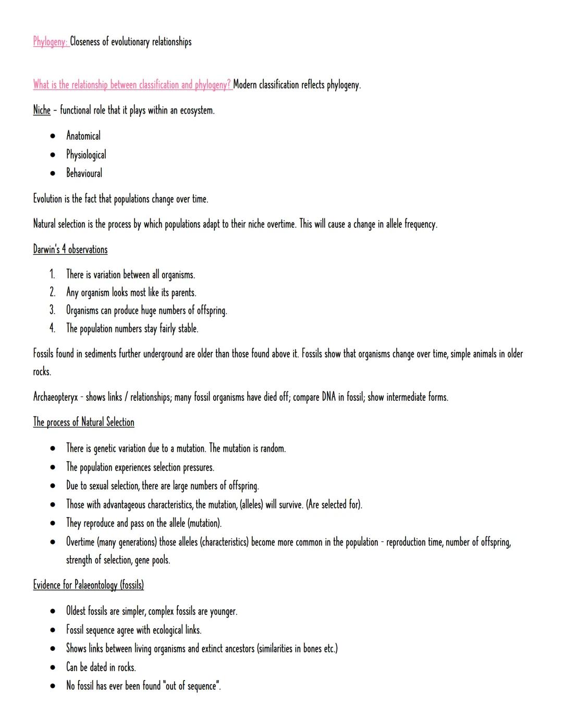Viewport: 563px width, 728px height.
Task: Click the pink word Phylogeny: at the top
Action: click(51, 42)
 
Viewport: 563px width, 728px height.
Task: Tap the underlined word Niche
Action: click(42, 110)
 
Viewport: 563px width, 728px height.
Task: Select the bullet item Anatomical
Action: click(83, 136)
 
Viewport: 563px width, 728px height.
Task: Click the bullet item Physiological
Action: click(86, 155)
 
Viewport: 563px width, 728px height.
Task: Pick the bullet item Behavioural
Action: click(84, 173)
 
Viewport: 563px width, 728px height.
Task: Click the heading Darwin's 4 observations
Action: click(70, 249)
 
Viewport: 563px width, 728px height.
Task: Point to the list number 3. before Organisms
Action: click(52, 311)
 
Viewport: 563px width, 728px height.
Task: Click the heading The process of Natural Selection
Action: click(83, 422)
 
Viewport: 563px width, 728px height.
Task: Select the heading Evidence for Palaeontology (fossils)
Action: click(88, 585)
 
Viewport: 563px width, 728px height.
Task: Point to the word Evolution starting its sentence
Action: click(47, 199)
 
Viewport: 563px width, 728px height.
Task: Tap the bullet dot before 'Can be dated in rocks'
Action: click(53, 668)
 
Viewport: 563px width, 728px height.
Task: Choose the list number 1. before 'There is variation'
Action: click(52, 275)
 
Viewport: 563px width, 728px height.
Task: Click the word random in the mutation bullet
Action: click(273, 448)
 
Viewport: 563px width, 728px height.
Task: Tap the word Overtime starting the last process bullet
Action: click(80, 542)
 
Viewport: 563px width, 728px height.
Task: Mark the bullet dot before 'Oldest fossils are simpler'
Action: click(53, 611)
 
